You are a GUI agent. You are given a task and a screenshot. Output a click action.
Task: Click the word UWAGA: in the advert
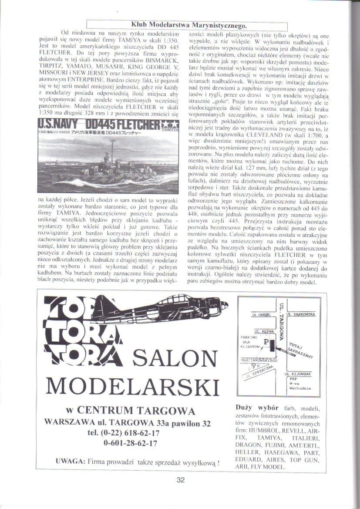pos(71,462)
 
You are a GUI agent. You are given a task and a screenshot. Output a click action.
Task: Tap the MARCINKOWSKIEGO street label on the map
pos(260,361)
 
